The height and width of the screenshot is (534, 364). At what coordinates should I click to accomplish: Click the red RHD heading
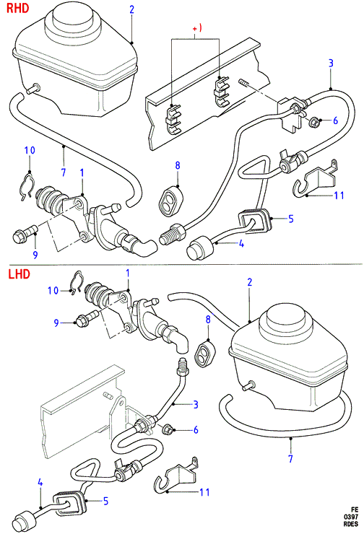pyautogui.click(x=18, y=8)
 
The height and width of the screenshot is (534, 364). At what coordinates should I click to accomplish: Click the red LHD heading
pyautogui.click(x=19, y=273)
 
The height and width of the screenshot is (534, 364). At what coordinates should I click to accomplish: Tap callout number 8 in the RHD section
pyautogui.click(x=178, y=165)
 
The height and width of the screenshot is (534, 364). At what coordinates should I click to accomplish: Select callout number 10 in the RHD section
pyautogui.click(x=30, y=150)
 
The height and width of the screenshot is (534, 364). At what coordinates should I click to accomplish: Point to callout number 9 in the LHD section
pyautogui.click(x=56, y=323)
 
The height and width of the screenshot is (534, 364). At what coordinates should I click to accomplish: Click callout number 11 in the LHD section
pyautogui.click(x=204, y=491)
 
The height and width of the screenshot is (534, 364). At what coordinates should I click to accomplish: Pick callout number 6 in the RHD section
pyautogui.click(x=335, y=121)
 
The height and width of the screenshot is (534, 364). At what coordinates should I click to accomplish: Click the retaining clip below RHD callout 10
pyautogui.click(x=25, y=188)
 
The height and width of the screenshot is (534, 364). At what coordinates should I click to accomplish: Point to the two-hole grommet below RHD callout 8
pyautogui.click(x=171, y=201)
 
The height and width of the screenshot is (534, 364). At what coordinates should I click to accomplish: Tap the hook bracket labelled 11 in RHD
pyautogui.click(x=316, y=179)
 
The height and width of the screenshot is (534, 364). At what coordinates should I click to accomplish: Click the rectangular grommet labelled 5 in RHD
pyautogui.click(x=253, y=221)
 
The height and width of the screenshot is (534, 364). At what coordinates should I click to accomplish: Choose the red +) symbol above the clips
pyautogui.click(x=197, y=28)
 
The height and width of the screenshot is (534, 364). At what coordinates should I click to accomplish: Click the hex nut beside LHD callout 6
pyautogui.click(x=168, y=430)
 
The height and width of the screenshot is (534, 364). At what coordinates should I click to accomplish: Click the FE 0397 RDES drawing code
pyautogui.click(x=351, y=517)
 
